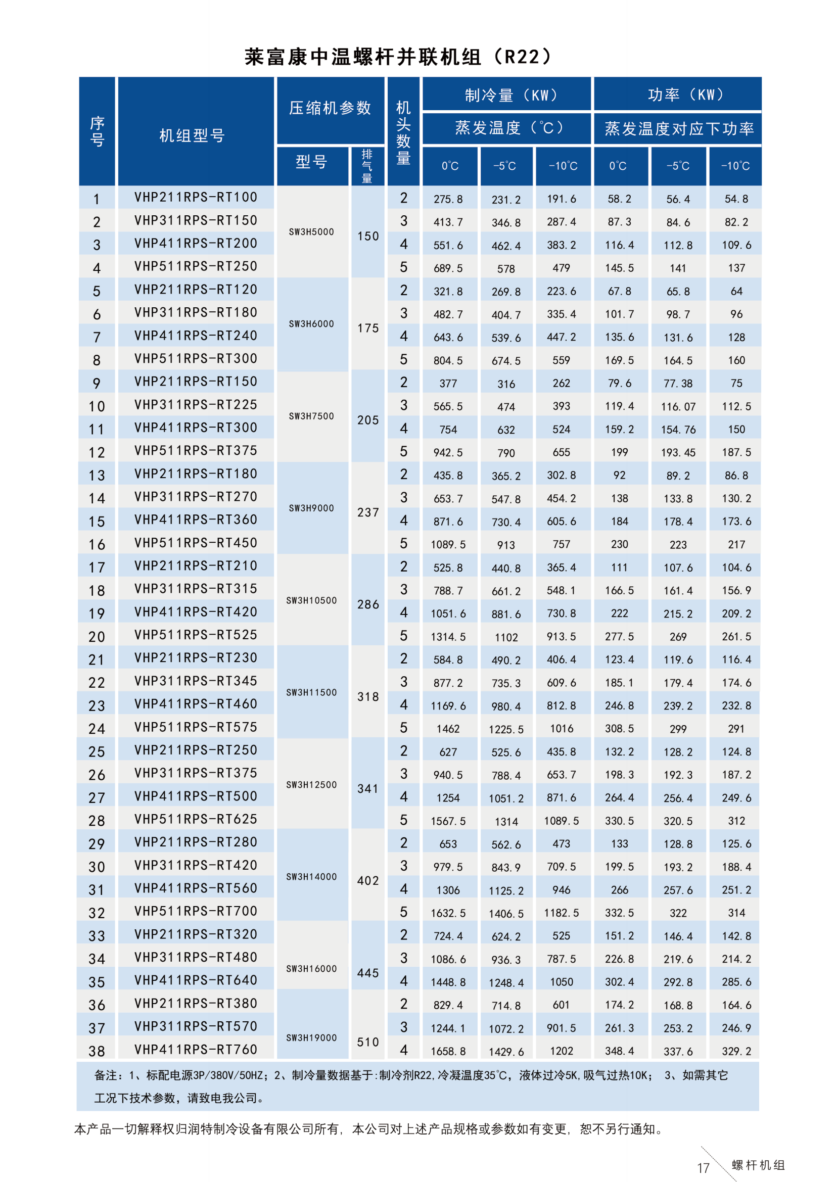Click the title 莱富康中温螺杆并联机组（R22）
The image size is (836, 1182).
pyautogui.click(x=398, y=57)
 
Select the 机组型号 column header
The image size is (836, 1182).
pyautogui.click(x=192, y=135)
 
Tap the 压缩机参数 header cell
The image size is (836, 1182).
pyautogui.click(x=330, y=108)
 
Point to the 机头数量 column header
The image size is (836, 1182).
pyautogui.click(x=403, y=132)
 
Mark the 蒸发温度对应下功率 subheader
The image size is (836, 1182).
pyautogui.click(x=679, y=128)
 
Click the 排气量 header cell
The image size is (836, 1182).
pyautogui.click(x=367, y=166)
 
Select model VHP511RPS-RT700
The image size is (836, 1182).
pyautogui.click(x=196, y=911)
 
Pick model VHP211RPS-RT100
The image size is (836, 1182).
pyautogui.click(x=196, y=197)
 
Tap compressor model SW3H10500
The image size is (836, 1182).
pyautogui.click(x=311, y=600)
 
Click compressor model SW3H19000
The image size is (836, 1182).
pyautogui.click(x=311, y=1038)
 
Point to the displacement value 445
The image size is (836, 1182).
pyautogui.click(x=368, y=973)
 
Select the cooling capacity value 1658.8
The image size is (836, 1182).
pyautogui.click(x=448, y=1051)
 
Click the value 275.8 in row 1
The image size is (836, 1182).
pyautogui.click(x=448, y=199)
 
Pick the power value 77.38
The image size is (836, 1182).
pyautogui.click(x=678, y=384)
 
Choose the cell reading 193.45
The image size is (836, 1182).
pyautogui.click(x=678, y=452)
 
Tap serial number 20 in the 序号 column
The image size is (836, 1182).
pyautogui.click(x=97, y=637)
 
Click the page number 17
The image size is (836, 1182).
pyautogui.click(x=703, y=1167)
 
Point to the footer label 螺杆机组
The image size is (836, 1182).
pyautogui.click(x=758, y=1165)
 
